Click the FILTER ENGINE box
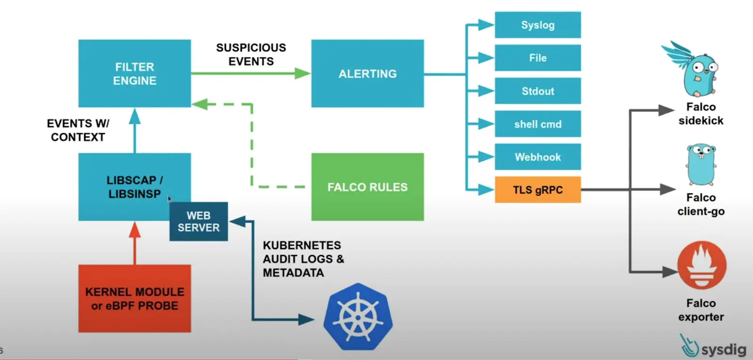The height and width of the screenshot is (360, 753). (x=135, y=73)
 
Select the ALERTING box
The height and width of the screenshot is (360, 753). (x=367, y=73)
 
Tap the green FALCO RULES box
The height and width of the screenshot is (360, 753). (x=367, y=187)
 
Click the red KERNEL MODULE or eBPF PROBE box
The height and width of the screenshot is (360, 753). (x=135, y=298)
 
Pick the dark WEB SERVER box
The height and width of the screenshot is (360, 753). (x=199, y=222)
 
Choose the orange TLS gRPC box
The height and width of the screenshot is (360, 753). (x=537, y=190)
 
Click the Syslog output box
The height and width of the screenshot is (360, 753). (x=537, y=25)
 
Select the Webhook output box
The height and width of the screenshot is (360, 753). (x=537, y=157)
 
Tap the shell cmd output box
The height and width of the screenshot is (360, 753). (x=537, y=124)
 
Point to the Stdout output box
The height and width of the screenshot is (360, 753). (x=537, y=91)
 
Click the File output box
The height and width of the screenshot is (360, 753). (x=537, y=58)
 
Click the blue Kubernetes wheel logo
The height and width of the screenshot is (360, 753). (x=358, y=316)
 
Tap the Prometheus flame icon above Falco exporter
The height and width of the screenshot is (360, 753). (x=701, y=265)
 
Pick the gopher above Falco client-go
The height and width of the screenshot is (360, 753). (x=701, y=165)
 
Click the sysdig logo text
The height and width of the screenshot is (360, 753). (x=723, y=350)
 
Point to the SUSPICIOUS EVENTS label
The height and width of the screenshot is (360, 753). (x=251, y=55)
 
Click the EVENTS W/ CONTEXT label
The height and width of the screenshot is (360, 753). (x=78, y=130)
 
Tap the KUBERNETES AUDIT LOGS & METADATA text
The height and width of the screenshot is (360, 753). (x=303, y=259)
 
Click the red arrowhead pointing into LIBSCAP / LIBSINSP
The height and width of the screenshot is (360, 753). (x=135, y=230)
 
